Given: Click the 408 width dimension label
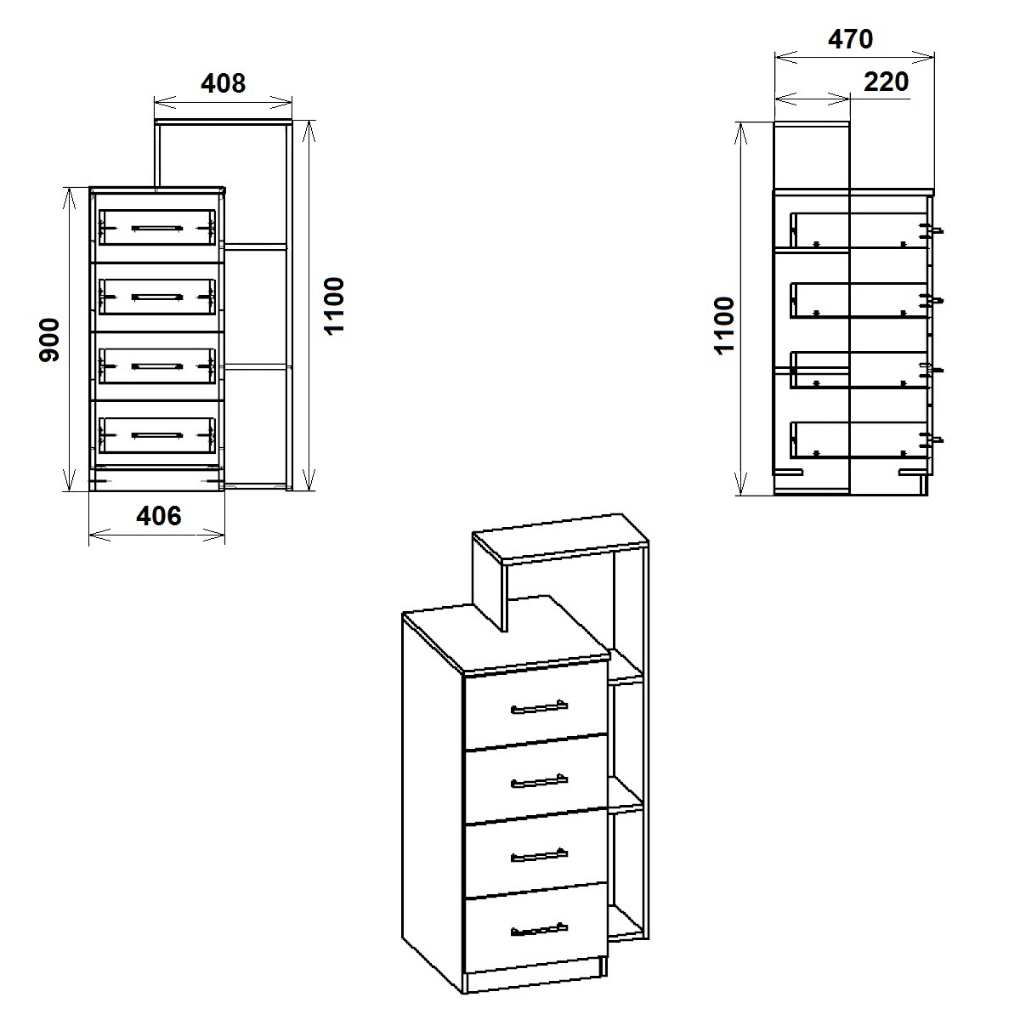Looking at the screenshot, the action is (x=223, y=83).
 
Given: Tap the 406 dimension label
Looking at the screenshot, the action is (x=159, y=516).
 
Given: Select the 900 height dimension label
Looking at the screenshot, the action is (x=50, y=340).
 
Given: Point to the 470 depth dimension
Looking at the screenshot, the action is (x=850, y=39).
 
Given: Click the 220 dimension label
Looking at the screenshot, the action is (x=886, y=82).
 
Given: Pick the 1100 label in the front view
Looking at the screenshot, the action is (x=334, y=306).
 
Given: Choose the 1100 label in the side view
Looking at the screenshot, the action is (x=725, y=326).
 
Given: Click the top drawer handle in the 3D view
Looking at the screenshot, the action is (x=539, y=706).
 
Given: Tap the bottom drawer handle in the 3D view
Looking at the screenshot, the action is (x=539, y=930).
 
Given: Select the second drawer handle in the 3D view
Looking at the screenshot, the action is (x=539, y=781).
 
